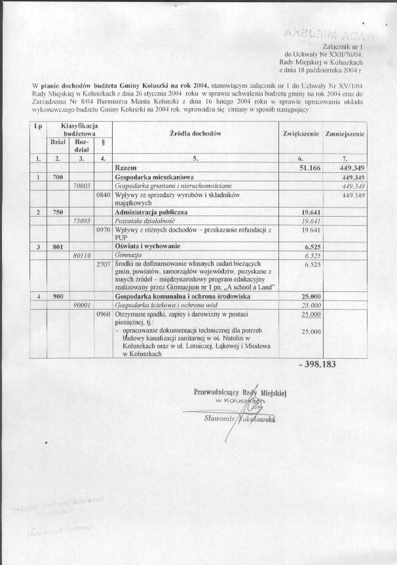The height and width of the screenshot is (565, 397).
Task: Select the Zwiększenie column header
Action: [301, 133]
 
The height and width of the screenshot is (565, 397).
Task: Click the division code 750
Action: [58, 213]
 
